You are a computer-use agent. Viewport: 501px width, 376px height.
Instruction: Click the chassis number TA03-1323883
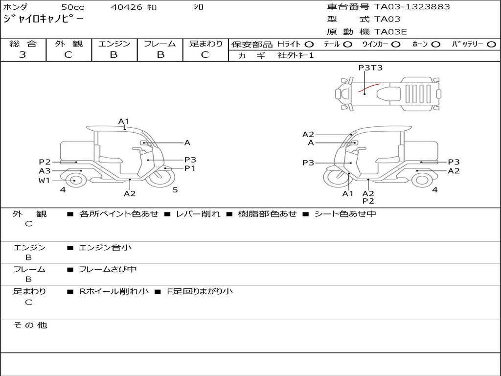coord(412,7)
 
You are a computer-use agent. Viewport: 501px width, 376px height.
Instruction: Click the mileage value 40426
coord(127,7)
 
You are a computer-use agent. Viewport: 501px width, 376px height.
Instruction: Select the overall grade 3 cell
coord(23,55)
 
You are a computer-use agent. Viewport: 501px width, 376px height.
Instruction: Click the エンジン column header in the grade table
coord(114,44)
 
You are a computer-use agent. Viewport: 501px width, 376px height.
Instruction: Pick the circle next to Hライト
coord(309,45)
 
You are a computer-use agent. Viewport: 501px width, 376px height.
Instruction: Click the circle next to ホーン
coord(436,45)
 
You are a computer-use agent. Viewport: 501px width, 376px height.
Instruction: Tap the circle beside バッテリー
coord(492,45)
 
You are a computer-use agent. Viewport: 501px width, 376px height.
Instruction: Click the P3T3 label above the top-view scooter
coord(370,68)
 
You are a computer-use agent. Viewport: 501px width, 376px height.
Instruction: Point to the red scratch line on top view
coord(369,88)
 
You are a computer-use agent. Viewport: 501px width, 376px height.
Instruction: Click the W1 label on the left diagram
coord(45,180)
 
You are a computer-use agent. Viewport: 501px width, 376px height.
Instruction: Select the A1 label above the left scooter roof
coord(124,121)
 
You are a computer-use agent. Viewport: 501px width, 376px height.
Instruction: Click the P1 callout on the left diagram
coord(190,168)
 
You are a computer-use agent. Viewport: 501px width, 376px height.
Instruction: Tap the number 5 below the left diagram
coord(175,190)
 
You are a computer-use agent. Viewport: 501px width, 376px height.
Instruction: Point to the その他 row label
coord(30,325)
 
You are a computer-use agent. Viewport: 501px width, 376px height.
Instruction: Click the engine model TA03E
coord(390,32)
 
